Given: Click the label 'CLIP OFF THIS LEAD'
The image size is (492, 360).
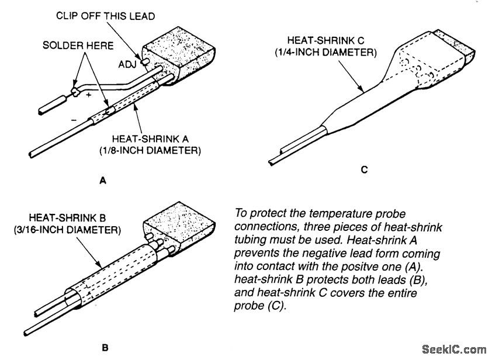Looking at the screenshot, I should point(105,16).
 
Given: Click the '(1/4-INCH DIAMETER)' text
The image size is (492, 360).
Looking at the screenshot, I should point(325,53).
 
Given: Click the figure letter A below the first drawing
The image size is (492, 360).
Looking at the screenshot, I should point(103,181).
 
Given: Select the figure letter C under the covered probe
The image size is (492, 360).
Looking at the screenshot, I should point(364,170).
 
